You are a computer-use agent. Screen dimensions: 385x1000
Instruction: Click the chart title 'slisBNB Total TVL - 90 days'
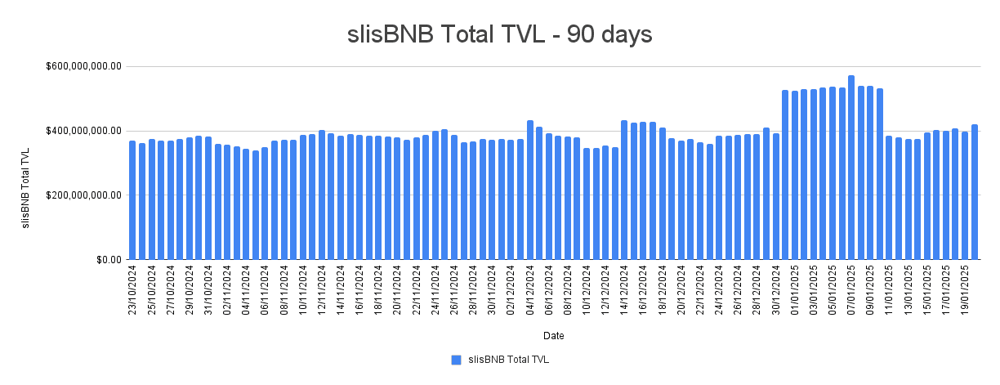pyautogui.click(x=499, y=34)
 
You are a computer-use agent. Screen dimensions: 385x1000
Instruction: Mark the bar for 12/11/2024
pyautogui.click(x=322, y=195)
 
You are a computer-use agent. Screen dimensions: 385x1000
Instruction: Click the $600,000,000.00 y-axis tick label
pyautogui.click(x=83, y=66)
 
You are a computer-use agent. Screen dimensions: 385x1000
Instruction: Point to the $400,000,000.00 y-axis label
pyautogui.click(x=83, y=131)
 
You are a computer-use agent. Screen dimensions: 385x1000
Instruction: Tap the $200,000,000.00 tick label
pyautogui.click(x=83, y=195)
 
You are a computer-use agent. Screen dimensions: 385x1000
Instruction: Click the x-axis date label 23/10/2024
pyautogui.click(x=132, y=290)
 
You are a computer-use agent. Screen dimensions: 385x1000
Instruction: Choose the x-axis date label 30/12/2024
pyautogui.click(x=775, y=290)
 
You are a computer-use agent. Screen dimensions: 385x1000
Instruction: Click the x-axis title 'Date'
pyautogui.click(x=553, y=336)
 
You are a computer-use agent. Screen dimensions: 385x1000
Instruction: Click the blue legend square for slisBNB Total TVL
pyautogui.click(x=456, y=360)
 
